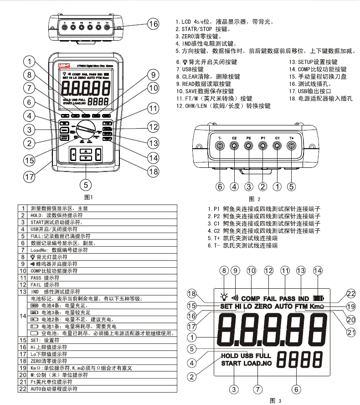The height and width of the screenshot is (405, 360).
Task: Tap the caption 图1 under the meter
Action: tap(88, 197)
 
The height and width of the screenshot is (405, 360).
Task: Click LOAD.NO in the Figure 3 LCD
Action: tap(258, 363)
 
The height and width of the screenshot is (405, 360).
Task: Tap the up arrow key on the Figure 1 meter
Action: tap(86, 151)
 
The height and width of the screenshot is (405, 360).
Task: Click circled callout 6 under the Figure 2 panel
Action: tap(220, 186)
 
